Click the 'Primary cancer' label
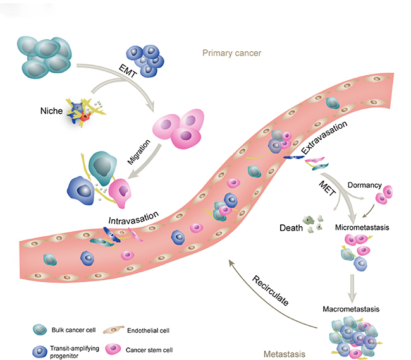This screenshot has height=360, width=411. coord(231,53)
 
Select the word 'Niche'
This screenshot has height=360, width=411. coord(51,111)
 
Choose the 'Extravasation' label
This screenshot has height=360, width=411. coord(324,139)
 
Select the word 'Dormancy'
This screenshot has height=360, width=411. coord(365,185)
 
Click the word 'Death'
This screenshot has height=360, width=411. coord(292,227)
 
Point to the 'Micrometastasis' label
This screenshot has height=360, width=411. coord(360,226)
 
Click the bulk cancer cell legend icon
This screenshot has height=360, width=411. coord(40,328)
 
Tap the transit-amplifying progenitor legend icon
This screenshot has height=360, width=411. coord(40,349)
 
